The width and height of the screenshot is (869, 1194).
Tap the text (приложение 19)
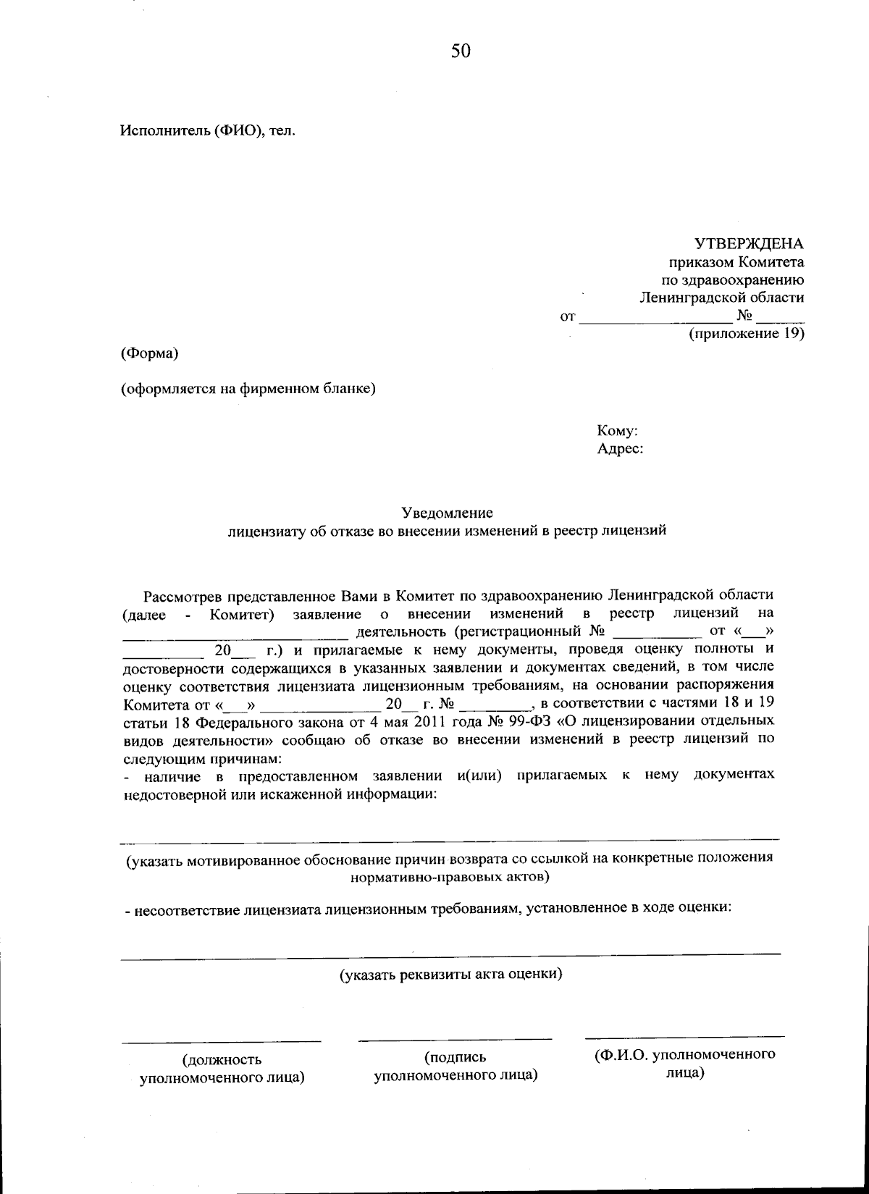746,334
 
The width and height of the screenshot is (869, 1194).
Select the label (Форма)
150,353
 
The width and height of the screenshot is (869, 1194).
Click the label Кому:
617,431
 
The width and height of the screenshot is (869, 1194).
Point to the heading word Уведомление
448,513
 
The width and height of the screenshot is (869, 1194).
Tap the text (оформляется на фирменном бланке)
248,389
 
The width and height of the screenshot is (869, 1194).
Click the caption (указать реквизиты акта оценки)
451,974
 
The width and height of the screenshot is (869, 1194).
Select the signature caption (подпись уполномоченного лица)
455,1066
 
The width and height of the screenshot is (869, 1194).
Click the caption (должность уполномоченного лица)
222,1069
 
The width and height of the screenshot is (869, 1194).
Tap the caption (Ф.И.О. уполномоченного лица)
684,1063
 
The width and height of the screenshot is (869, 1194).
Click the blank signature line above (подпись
455,1040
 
